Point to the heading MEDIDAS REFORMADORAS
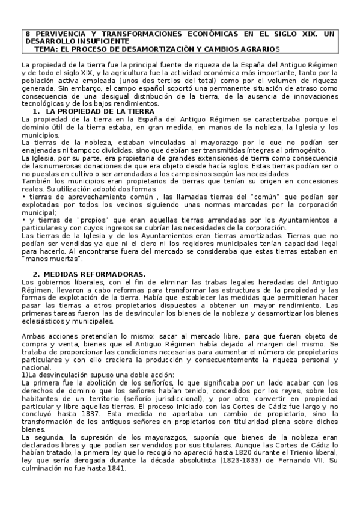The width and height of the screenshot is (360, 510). (x=96, y=274)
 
